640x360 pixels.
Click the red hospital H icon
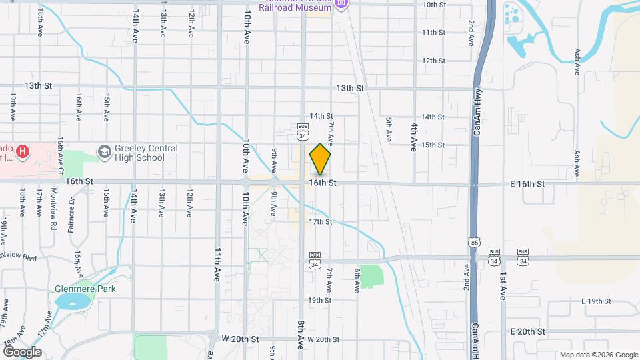pyautogui.click(x=23, y=153)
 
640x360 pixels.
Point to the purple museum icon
pyautogui.click(x=341, y=4)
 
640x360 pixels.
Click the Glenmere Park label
pyautogui.click(x=85, y=289)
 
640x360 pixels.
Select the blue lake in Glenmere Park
pyautogui.click(x=73, y=302)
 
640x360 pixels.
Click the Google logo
pyautogui.click(x=22, y=351)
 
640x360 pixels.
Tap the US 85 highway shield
pyautogui.click(x=473, y=241)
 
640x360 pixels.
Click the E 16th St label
pyautogui.click(x=528, y=183)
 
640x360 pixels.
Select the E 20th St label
pyautogui.click(x=527, y=331)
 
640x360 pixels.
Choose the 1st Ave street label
pyautogui.click(x=502, y=286)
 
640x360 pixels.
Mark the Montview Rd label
pyautogui.click(x=53, y=212)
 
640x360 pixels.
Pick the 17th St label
pyautogui.click(x=320, y=221)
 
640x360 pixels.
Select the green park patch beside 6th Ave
pyautogui.click(x=373, y=275)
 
